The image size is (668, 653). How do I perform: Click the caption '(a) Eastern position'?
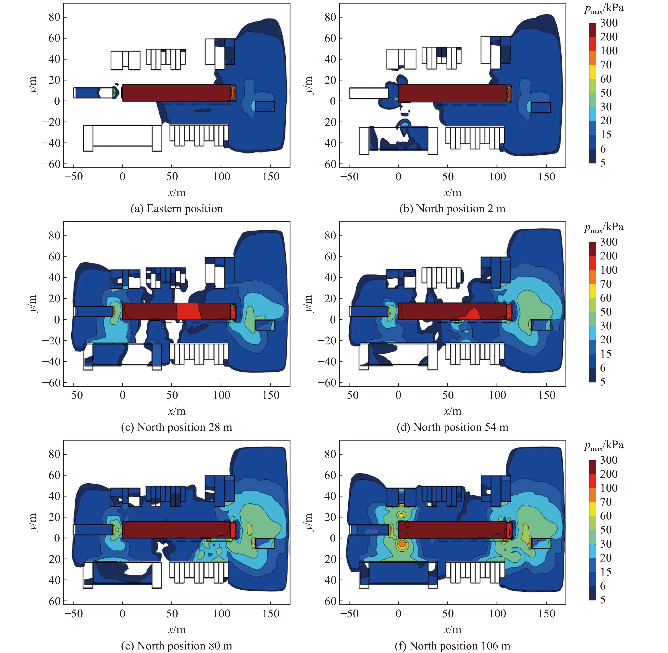(177, 209)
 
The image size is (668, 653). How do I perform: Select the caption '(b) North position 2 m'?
(452, 209)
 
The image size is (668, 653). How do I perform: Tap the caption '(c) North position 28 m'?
(177, 427)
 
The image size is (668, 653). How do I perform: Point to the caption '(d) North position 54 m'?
(452, 427)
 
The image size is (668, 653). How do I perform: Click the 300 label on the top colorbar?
(609, 23)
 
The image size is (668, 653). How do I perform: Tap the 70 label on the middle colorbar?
(606, 284)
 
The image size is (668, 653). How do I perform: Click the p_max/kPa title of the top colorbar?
(604, 9)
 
